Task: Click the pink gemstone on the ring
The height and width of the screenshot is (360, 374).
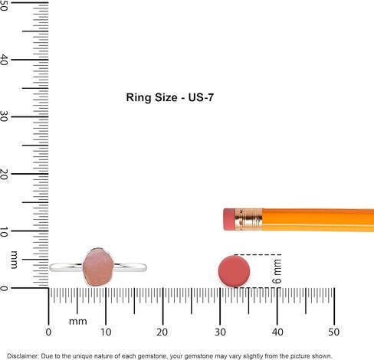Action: coord(98,267)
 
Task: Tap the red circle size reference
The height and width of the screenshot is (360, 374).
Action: coord(234,271)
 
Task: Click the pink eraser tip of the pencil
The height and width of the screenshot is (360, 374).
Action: coord(229,219)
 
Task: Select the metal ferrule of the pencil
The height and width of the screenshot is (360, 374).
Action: coord(248,220)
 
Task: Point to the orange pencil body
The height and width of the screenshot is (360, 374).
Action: coord(318,220)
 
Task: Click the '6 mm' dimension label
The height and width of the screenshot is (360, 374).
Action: coord(277,271)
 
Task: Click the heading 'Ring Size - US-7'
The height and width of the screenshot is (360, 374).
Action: coord(170,97)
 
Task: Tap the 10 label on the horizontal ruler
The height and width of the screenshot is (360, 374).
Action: coord(106,332)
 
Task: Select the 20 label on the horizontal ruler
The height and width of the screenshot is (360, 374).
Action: coord(162,332)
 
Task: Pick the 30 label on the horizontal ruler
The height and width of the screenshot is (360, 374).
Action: coord(220,332)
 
